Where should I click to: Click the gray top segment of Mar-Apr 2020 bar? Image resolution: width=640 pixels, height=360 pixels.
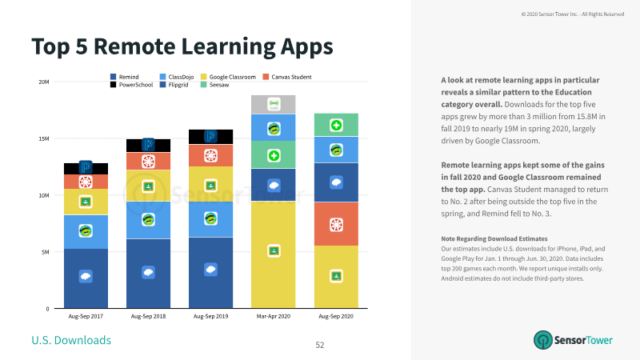273,105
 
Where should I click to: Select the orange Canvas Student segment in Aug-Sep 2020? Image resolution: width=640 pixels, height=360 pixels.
336,224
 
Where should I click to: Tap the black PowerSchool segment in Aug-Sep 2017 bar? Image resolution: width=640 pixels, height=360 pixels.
86,169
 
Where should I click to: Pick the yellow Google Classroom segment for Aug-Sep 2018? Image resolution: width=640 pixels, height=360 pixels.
148,186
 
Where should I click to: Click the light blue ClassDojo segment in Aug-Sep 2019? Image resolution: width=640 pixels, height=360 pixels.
210,219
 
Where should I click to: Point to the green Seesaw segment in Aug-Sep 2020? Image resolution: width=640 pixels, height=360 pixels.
336,125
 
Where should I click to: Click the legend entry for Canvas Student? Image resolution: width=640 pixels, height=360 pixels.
287,77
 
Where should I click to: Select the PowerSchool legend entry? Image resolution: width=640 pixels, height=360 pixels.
131,85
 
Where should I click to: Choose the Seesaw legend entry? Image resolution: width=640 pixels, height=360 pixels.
214,85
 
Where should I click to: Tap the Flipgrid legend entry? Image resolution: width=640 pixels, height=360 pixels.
174,85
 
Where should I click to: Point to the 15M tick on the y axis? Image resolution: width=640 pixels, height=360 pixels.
44,138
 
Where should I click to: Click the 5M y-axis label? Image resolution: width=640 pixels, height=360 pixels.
45,252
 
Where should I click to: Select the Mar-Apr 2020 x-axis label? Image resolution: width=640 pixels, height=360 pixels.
273,316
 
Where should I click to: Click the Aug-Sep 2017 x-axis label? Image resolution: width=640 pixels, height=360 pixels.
86,316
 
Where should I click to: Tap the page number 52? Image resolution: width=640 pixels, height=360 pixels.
320,345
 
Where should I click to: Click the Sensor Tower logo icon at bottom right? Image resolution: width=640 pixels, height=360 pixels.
543,340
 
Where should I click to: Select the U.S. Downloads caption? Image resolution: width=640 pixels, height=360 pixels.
71,340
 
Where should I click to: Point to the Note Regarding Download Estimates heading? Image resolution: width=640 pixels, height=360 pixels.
494,238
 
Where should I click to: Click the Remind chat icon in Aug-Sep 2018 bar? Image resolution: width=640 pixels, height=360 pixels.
148,272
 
